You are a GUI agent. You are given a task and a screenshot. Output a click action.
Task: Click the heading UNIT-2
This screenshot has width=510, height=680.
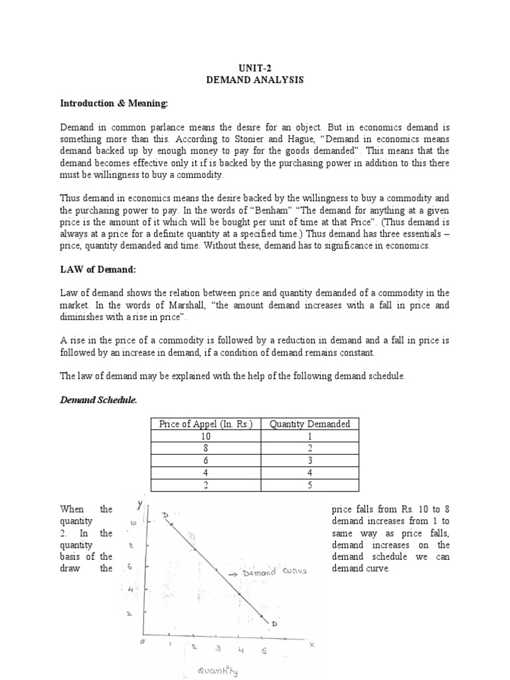click(x=255, y=68)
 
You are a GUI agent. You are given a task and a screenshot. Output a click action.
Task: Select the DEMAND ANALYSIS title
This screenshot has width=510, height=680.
click(x=255, y=80)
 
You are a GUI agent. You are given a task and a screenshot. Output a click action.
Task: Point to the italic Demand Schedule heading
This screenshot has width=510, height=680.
click(x=99, y=399)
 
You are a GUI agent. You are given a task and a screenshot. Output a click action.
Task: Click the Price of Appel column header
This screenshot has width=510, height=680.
click(x=207, y=424)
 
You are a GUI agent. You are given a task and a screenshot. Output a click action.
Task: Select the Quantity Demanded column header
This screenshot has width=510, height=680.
click(x=310, y=424)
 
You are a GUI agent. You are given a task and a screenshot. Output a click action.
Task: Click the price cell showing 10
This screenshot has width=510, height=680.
click(x=207, y=436)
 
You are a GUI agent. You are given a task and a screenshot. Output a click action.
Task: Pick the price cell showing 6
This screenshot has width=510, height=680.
click(x=207, y=460)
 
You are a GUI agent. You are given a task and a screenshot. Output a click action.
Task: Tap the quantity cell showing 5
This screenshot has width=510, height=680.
click(x=310, y=484)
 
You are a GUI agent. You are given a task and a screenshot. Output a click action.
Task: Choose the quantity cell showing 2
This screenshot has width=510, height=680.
click(x=310, y=448)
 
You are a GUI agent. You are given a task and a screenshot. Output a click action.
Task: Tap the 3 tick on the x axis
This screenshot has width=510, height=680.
click(x=217, y=649)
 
